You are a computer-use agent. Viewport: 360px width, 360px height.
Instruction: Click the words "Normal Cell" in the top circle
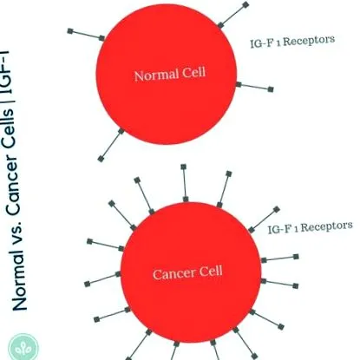point(170,74)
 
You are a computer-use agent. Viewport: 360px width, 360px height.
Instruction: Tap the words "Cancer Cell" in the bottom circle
point(187,273)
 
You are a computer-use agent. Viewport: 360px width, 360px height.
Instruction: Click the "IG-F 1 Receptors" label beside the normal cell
point(292,42)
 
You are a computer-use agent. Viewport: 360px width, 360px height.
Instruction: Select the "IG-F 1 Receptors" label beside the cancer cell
point(311,227)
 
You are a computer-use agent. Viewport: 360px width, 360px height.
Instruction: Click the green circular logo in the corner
point(23,347)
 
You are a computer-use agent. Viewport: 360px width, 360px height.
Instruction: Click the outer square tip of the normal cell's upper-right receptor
point(245,4)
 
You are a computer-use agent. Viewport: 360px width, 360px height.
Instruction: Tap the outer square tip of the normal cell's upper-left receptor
point(70,31)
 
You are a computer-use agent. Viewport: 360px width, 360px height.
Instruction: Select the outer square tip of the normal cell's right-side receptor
point(271,89)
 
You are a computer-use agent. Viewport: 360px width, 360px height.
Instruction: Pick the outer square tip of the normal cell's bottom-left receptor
point(101,159)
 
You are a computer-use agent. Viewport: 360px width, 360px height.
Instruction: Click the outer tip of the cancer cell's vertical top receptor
point(183,167)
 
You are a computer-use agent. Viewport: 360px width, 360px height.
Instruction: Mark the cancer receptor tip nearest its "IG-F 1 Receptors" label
point(277,209)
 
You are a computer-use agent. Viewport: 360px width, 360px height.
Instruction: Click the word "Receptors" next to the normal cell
point(309,41)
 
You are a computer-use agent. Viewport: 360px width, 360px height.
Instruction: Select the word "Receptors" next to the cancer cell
point(327,226)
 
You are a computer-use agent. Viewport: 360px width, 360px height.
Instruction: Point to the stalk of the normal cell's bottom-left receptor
point(111,145)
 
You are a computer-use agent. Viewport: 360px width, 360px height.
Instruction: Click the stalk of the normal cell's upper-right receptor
point(233,15)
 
